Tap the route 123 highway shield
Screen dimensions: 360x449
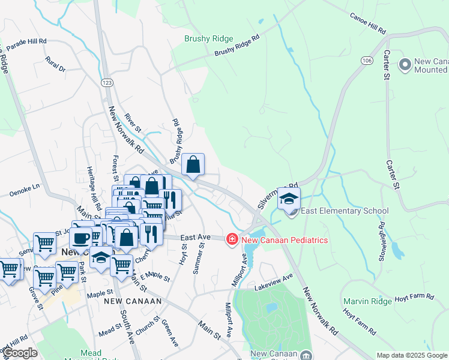pyautogui.click(x=107, y=82)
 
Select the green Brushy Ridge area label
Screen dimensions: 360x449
pyautogui.click(x=208, y=38)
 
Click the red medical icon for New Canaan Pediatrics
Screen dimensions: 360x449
pyautogui.click(x=232, y=240)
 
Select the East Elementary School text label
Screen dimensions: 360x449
pyautogui.click(x=345, y=211)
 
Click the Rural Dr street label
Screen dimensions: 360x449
pyautogui.click(x=55, y=64)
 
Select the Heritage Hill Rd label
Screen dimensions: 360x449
pyautogui.click(x=91, y=187)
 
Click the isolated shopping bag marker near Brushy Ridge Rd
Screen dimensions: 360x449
pyautogui.click(x=193, y=164)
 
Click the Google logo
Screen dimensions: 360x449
pyautogui.click(x=20, y=353)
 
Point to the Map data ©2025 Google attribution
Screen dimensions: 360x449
pyautogui.click(x=412, y=355)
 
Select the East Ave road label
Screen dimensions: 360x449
pyautogui.click(x=194, y=238)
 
